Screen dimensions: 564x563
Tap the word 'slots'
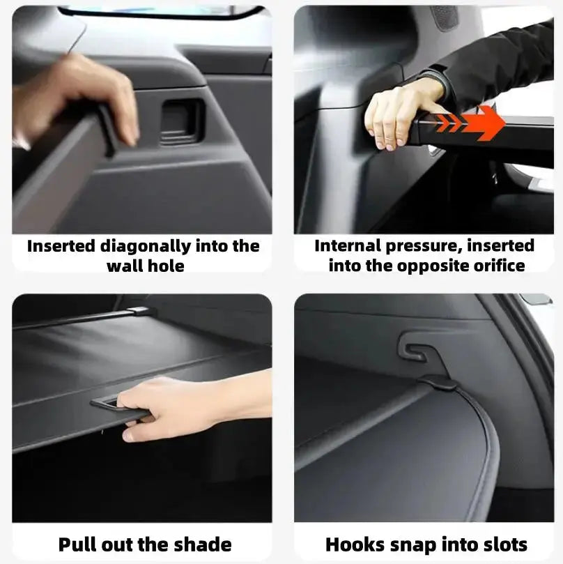point(502,544)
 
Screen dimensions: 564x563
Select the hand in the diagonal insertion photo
point(84,94)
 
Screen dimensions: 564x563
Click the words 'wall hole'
point(146,266)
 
